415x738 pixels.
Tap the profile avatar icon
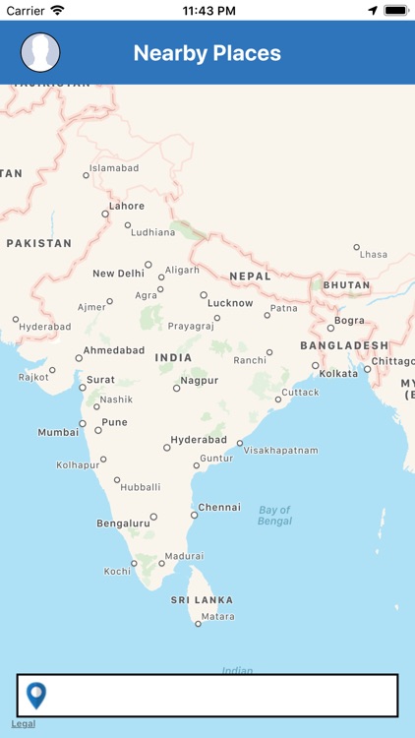pyautogui.click(x=40, y=52)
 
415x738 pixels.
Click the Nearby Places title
pyautogui.click(x=207, y=53)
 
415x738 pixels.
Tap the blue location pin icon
pyautogui.click(x=36, y=696)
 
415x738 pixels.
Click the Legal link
pyautogui.click(x=23, y=723)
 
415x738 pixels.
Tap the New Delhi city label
pyautogui.click(x=118, y=274)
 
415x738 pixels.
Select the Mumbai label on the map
pyautogui.click(x=58, y=432)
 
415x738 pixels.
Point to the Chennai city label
pyautogui.click(x=218, y=508)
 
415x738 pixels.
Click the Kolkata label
pyautogui.click(x=339, y=374)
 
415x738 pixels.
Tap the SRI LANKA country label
pyautogui.click(x=202, y=600)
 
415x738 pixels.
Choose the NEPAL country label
pyautogui.click(x=250, y=277)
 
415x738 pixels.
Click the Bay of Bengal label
pyautogui.click(x=275, y=515)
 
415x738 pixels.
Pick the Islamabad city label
pyautogui.click(x=114, y=168)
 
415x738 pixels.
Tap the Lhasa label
pyautogui.click(x=374, y=254)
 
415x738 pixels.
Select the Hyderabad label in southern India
pyautogui.click(x=199, y=440)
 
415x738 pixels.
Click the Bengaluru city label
pyautogui.click(x=123, y=523)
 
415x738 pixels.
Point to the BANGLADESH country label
pyautogui.click(x=344, y=345)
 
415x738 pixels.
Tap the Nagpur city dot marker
pyautogui.click(x=177, y=388)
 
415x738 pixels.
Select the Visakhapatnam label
pyautogui.click(x=281, y=451)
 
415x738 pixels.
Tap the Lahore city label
pyautogui.click(x=126, y=207)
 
